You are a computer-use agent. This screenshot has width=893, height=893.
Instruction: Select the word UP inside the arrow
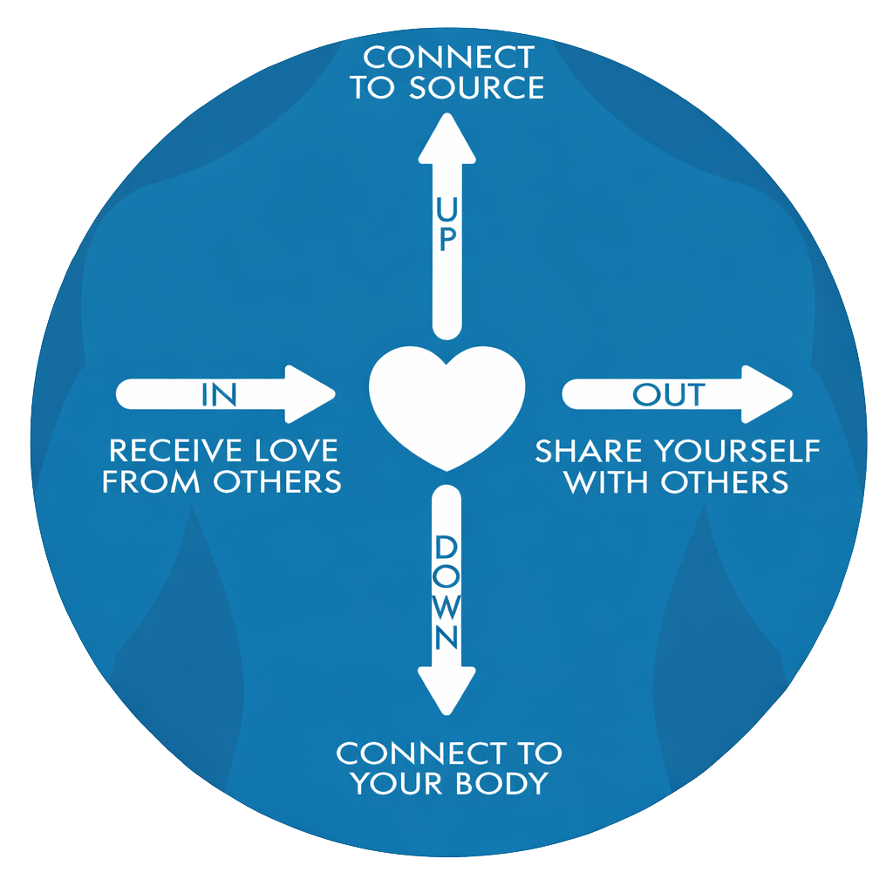[x=446, y=224]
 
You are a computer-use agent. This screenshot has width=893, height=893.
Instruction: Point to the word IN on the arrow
[x=218, y=394]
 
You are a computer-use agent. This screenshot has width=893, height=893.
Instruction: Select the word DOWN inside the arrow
[x=446, y=593]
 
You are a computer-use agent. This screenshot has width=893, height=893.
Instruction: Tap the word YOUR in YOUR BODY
[x=395, y=782]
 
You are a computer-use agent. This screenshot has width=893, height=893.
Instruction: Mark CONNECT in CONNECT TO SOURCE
[x=448, y=58]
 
